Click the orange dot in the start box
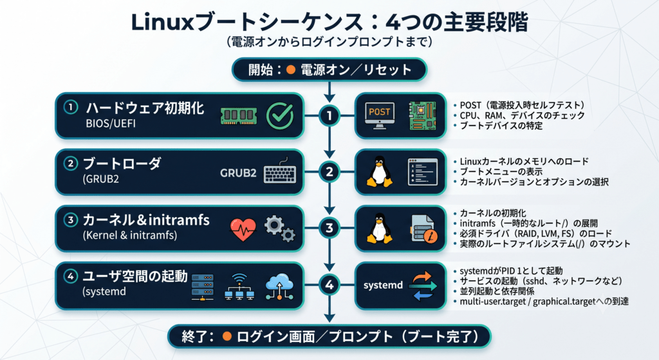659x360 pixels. (x=290, y=70)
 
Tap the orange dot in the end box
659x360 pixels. (x=227, y=336)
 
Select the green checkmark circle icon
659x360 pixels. (x=280, y=116)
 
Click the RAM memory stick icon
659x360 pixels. (x=239, y=116)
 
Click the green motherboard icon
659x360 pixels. (x=422, y=116)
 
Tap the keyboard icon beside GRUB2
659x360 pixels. (x=280, y=171)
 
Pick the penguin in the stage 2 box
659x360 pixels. (x=380, y=171)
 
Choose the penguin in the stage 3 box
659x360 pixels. (x=380, y=228)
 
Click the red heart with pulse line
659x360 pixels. (x=243, y=230)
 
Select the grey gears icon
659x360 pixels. (x=280, y=229)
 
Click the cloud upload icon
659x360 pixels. (x=279, y=287)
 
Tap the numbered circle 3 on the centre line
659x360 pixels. (x=329, y=228)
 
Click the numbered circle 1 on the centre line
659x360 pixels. (x=329, y=116)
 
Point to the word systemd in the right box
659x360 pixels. (x=383, y=285)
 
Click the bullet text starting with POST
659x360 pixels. (x=519, y=105)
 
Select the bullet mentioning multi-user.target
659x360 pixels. (x=541, y=301)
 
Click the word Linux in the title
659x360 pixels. (x=162, y=22)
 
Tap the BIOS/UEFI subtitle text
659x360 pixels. (x=111, y=124)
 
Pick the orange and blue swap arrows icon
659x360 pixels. (x=422, y=286)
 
